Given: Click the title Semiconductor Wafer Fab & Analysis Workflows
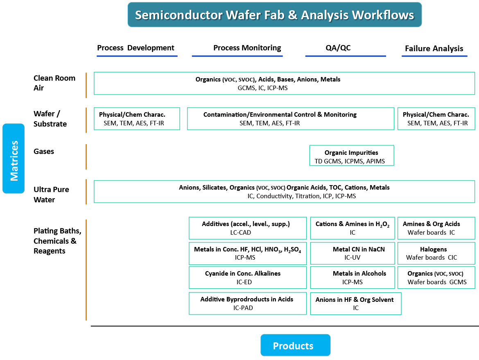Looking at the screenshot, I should [274, 15].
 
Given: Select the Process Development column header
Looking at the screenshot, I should [136, 48].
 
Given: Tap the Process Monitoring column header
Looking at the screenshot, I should [247, 48].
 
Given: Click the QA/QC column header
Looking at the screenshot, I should [338, 48].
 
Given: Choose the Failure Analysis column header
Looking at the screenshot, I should [434, 48].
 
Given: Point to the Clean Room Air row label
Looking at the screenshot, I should [54, 83].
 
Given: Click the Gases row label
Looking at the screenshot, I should [44, 152].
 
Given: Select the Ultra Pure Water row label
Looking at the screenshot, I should [51, 195].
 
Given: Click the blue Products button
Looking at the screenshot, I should [293, 346].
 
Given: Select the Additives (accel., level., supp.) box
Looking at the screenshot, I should [247, 228].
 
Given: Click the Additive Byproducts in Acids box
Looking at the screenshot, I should [247, 303].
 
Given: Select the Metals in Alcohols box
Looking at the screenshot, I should [352, 278].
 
